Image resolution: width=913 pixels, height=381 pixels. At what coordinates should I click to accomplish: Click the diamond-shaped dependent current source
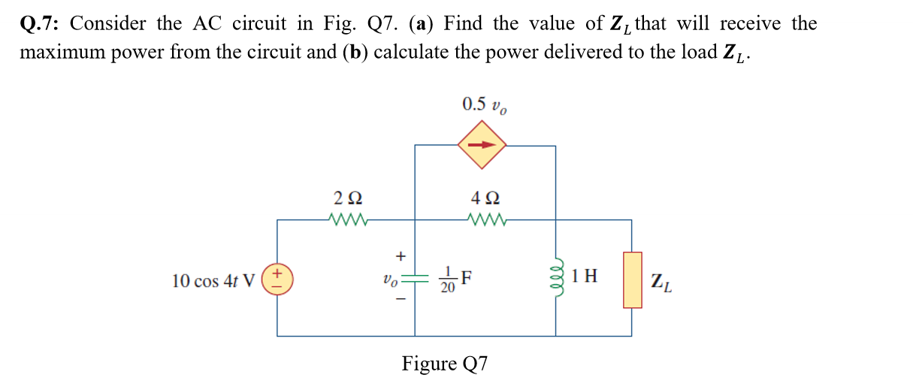click(485, 146)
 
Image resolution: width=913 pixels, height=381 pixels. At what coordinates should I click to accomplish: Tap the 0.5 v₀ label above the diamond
click(485, 104)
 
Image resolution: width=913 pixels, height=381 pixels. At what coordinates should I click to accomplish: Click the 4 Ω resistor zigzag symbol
click(485, 220)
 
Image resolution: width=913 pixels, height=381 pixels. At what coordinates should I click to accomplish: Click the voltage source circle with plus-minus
click(277, 281)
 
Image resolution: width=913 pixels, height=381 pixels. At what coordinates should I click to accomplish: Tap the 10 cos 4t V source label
click(214, 281)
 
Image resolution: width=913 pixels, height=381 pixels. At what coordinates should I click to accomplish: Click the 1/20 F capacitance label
click(455, 281)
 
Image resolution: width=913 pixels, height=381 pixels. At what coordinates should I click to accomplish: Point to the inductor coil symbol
click(556, 280)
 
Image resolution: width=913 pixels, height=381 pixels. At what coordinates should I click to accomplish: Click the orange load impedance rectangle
click(632, 280)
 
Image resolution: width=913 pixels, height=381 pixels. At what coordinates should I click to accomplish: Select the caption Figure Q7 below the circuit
click(445, 364)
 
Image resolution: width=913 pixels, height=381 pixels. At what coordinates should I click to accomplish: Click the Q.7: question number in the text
click(41, 24)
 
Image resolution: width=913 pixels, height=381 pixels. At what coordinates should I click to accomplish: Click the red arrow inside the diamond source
click(485, 146)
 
